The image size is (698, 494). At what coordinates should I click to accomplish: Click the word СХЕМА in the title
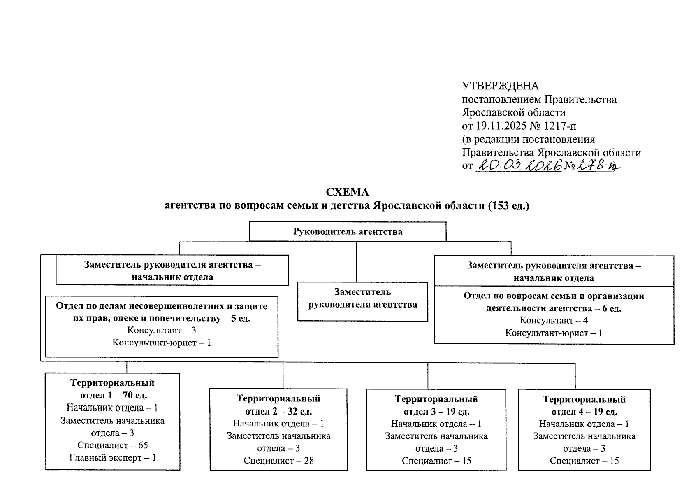pos(348,192)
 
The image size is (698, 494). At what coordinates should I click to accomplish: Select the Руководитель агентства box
pos(348,231)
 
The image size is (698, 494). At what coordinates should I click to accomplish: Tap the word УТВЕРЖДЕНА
pos(500,86)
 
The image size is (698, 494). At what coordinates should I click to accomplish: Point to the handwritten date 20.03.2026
pos(519,166)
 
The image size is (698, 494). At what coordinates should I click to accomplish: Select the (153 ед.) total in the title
pos(508,205)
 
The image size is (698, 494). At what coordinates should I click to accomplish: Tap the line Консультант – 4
pos(554,320)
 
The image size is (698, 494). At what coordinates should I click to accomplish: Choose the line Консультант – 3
pos(161,330)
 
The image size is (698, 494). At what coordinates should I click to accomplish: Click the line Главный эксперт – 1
pos(112,457)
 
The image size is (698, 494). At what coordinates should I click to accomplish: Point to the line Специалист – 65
pos(112,445)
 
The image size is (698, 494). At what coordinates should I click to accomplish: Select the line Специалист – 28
pos(278,461)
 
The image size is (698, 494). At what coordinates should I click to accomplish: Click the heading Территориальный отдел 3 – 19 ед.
pos(436,405)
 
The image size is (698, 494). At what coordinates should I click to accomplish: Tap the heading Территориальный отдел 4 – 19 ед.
pos(584,405)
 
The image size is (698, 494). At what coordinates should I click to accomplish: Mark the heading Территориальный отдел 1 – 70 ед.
pos(112,389)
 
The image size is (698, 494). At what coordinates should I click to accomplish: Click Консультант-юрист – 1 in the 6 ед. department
pos(554,333)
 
